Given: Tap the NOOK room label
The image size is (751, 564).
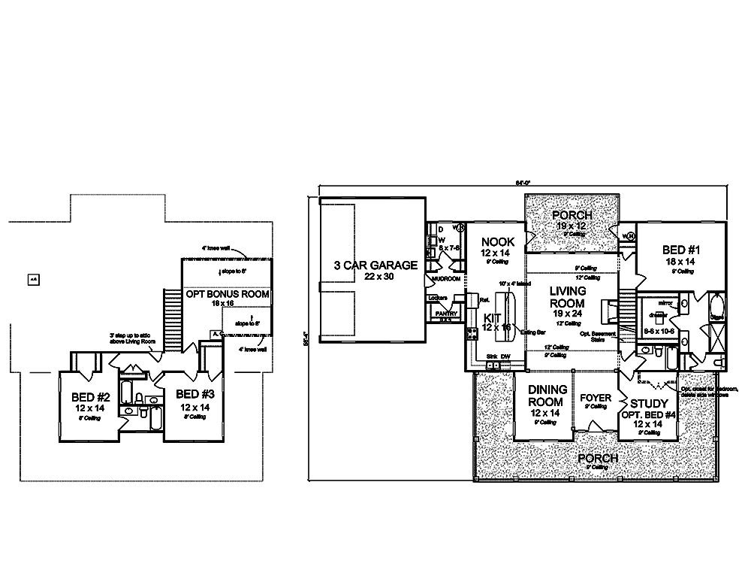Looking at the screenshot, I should tap(498, 242).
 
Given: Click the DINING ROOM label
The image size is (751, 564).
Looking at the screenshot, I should tap(546, 396).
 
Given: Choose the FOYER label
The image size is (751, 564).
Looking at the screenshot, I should tap(595, 397).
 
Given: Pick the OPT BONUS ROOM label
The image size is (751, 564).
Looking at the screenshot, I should tap(228, 294).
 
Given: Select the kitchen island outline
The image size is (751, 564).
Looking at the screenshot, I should tap(511, 311).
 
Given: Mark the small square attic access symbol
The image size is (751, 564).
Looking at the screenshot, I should tap(33, 280).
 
